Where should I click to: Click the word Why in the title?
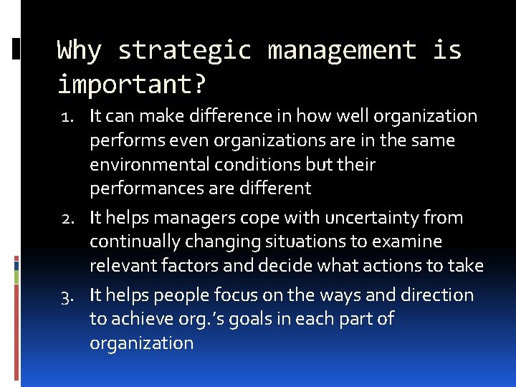80,50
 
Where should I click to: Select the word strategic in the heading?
185,50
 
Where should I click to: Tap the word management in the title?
342,50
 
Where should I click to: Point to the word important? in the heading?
132,85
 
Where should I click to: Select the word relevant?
118,266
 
